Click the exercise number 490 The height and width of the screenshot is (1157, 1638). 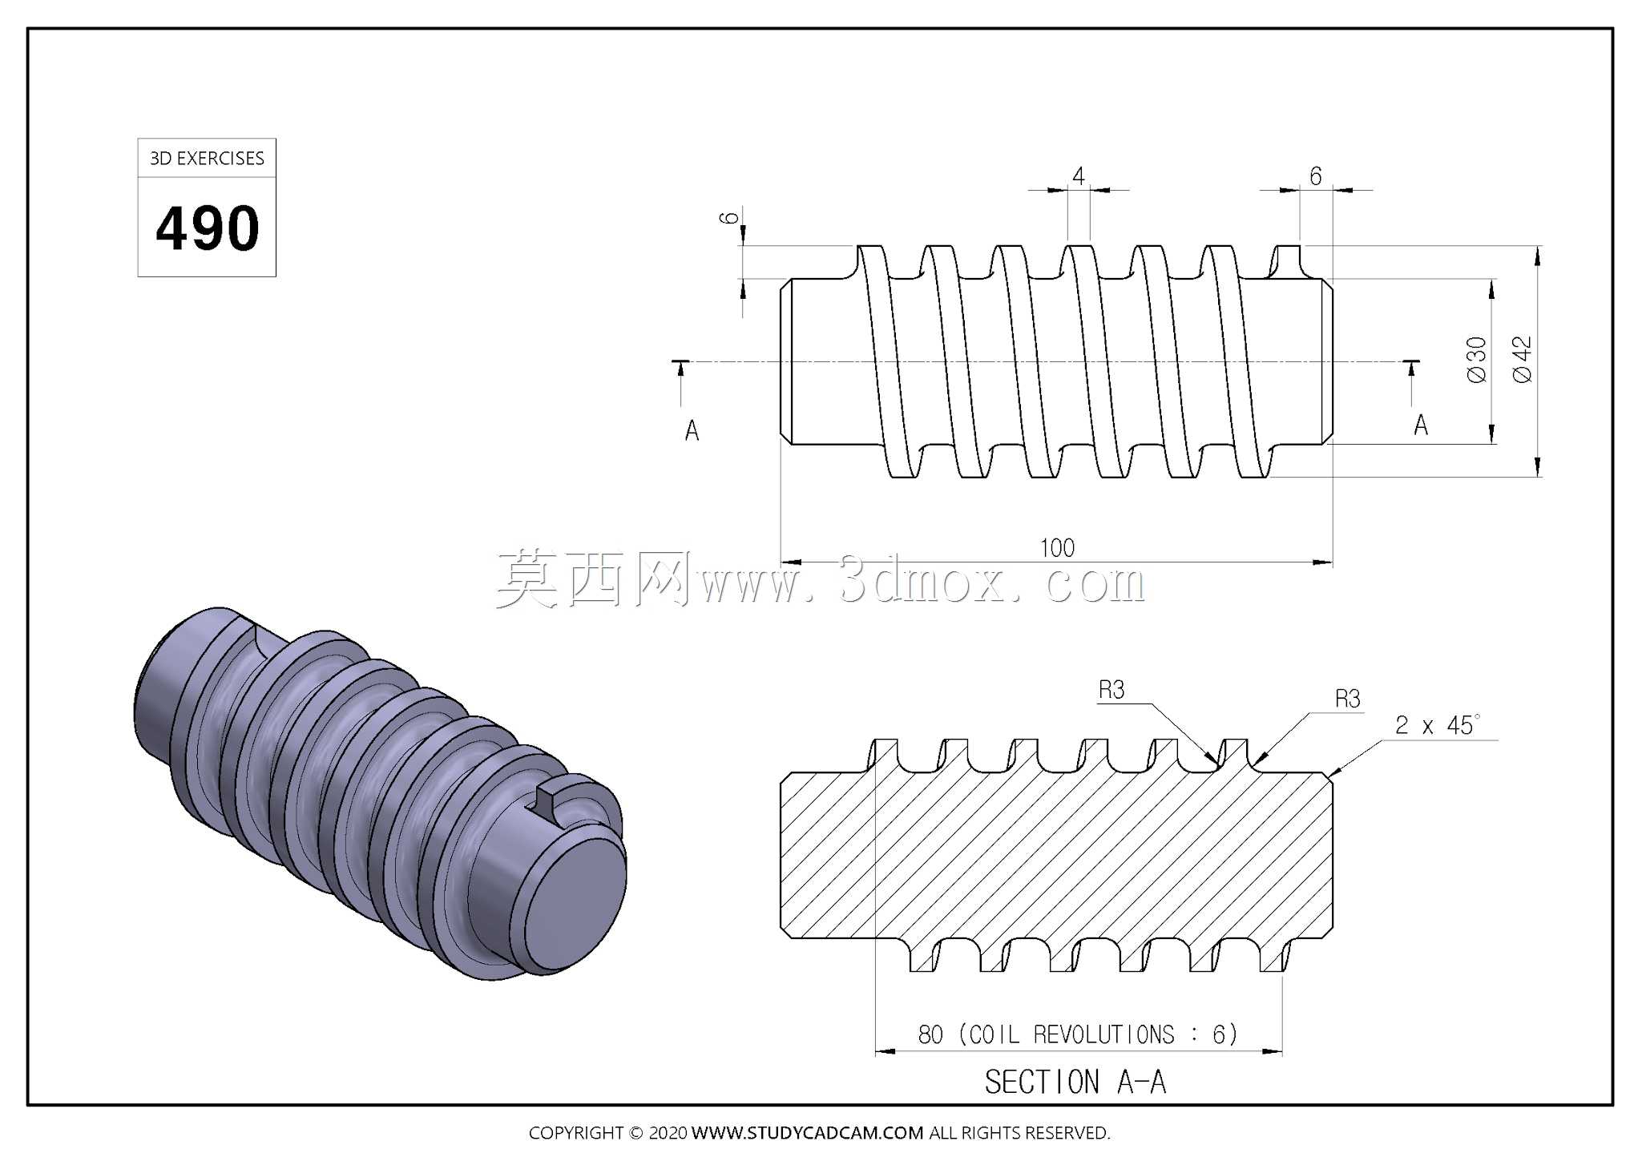click(208, 228)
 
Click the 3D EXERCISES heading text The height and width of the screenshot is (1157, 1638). click(207, 159)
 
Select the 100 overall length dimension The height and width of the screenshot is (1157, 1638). click(1057, 548)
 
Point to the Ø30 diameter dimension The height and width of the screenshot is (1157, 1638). click(1476, 360)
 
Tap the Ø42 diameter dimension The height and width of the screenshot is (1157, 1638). click(1522, 360)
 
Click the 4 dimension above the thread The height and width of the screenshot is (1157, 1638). click(1079, 176)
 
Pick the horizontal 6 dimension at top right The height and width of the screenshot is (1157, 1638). click(1315, 176)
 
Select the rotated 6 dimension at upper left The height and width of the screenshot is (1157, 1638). click(728, 217)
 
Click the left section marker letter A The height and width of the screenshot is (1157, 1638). click(692, 431)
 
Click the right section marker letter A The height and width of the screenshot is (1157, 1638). click(1421, 425)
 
